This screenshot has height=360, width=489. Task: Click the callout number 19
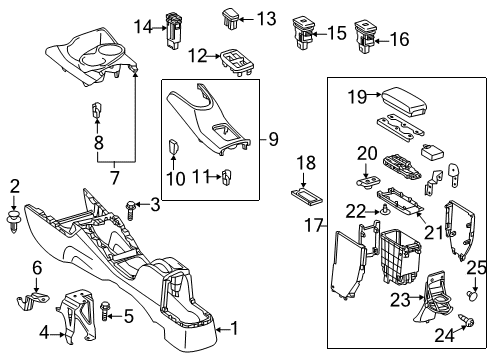point(357,97)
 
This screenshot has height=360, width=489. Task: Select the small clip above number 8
point(97,110)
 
